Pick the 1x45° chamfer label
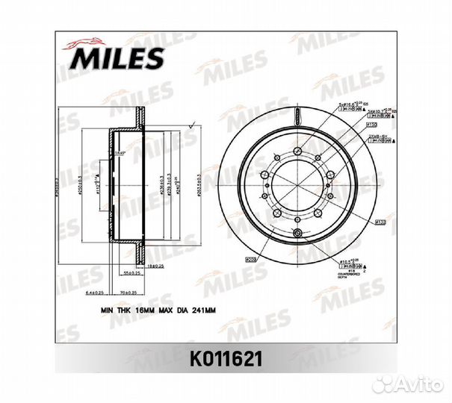tap(120, 152)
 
